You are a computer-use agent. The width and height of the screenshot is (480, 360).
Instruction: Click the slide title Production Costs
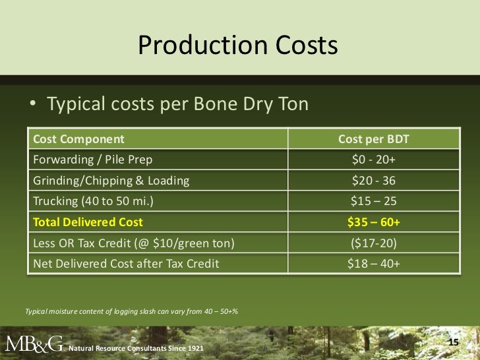coord(238,46)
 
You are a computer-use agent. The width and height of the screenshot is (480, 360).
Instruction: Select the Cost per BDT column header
coord(374,139)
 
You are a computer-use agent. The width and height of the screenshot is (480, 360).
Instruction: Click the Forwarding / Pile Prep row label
coord(92,160)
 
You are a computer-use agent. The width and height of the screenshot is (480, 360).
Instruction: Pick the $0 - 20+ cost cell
coord(374,160)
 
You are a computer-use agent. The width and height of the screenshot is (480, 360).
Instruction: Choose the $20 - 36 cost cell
coord(374,181)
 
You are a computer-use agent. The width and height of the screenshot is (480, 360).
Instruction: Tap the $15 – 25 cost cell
coord(374,201)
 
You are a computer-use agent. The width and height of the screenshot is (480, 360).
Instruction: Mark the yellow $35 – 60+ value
coord(374,222)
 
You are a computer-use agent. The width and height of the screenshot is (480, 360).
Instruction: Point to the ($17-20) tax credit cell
coord(374,243)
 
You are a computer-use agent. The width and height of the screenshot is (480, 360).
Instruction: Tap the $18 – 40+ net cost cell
coord(374,264)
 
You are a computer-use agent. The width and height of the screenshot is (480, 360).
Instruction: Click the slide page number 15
coord(453,342)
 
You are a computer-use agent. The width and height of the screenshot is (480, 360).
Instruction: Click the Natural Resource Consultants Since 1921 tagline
coord(136,347)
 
